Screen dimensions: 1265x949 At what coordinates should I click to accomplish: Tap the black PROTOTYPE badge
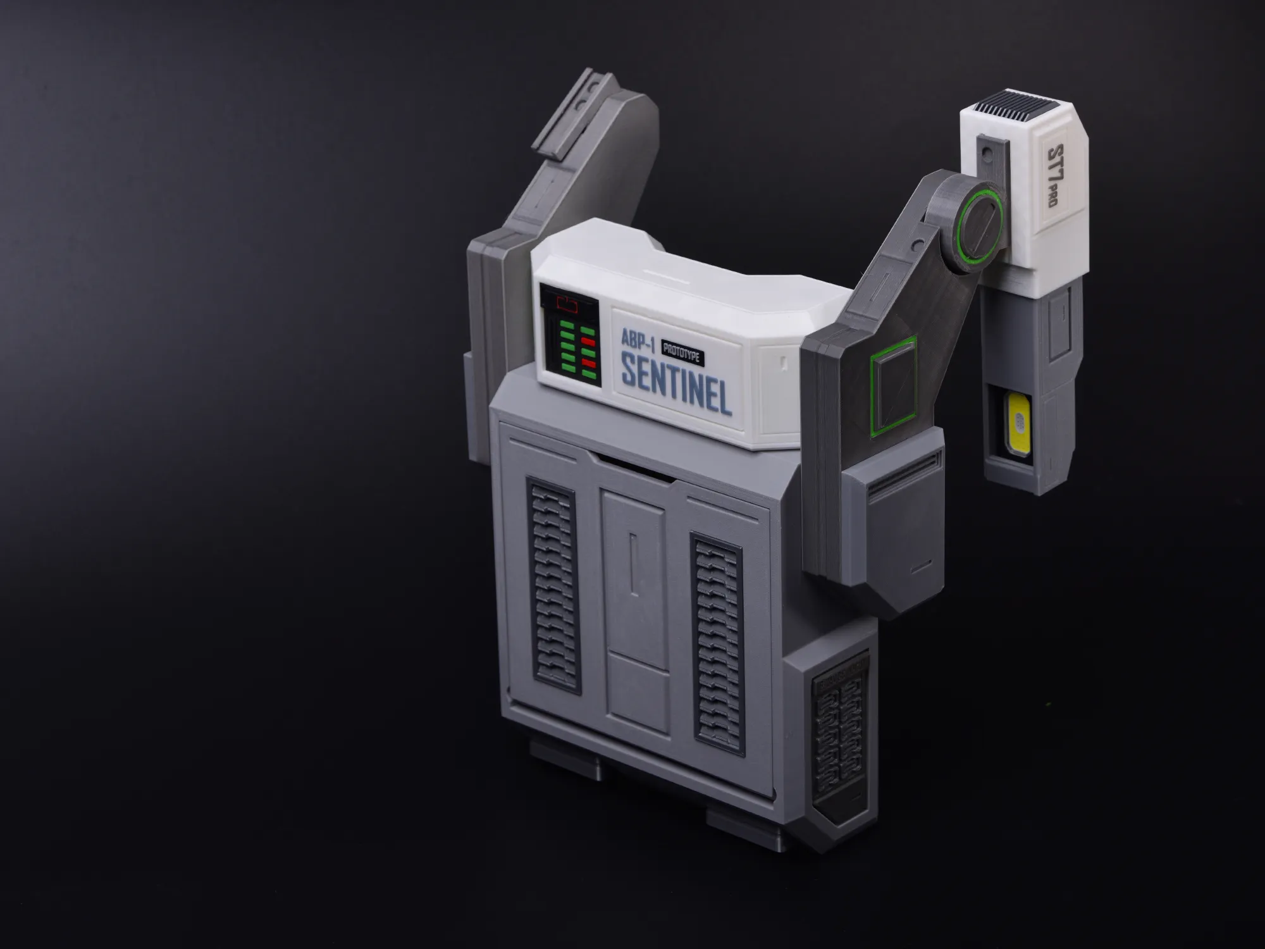click(x=682, y=352)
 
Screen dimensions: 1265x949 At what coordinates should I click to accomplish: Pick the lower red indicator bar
click(x=589, y=363)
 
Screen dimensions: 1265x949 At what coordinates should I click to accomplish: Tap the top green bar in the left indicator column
click(x=567, y=326)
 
